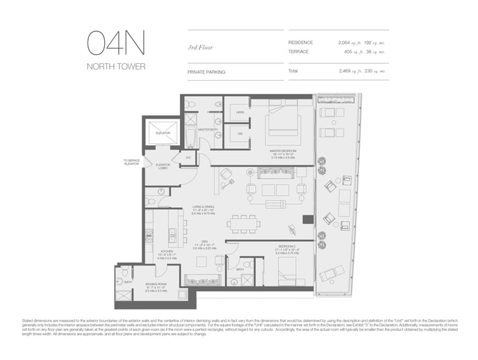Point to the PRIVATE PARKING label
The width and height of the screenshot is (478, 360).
tap(206, 72)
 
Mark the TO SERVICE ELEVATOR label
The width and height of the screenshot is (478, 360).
tap(132, 162)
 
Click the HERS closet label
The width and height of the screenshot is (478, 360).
tap(239, 113)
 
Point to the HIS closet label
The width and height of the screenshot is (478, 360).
tap(240, 135)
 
